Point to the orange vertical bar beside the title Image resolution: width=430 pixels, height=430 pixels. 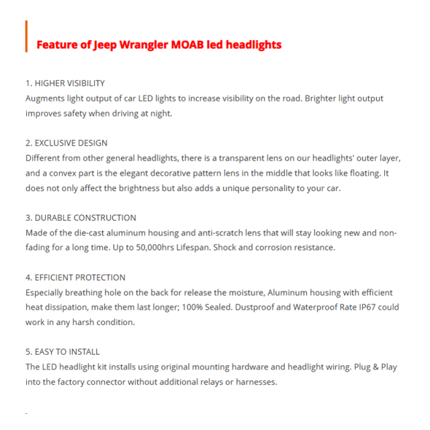(26, 36)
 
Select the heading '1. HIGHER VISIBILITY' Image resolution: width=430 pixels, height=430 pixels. (65, 83)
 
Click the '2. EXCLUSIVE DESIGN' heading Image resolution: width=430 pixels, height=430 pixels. (67, 143)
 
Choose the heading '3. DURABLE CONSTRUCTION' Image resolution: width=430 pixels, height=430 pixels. (81, 218)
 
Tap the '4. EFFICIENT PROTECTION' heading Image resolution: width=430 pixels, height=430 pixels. (75, 277)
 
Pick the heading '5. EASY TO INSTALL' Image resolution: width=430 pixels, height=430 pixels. (62, 351)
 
